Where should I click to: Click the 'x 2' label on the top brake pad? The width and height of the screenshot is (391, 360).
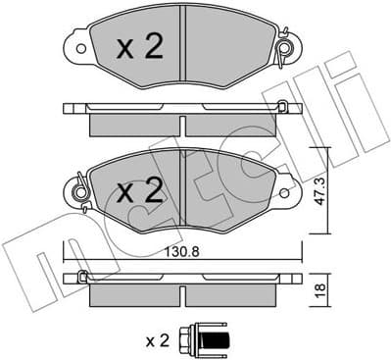[138, 48]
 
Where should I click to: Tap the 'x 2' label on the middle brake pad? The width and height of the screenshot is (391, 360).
[138, 191]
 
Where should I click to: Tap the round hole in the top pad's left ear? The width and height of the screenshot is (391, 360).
[77, 47]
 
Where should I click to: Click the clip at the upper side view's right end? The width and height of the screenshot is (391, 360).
[282, 107]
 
